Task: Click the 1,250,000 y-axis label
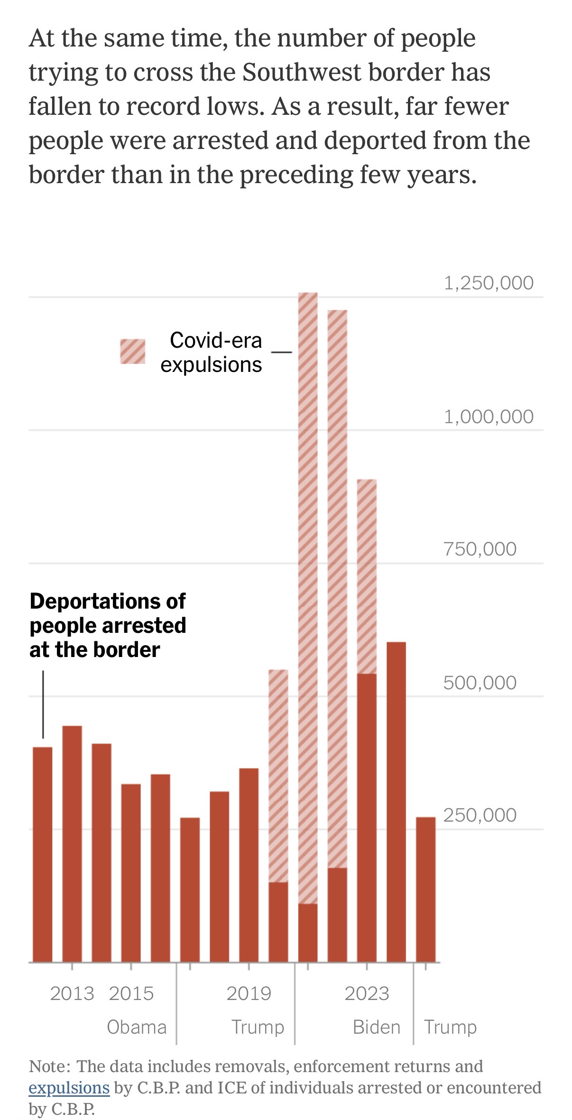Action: pos(489,283)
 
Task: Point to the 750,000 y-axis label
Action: pos(480,549)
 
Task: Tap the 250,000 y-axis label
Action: pos(480,815)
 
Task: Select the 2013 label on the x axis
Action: pos(72,993)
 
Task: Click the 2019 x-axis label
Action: pos(249,993)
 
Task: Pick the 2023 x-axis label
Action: pos(367,993)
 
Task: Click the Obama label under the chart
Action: pos(137,1027)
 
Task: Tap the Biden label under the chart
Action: pos(377,1027)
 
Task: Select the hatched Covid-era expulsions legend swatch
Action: pos(133,352)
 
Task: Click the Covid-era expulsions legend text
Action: pos(212,352)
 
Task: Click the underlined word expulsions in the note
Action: pos(69,1088)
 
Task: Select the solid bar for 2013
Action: pos(72,844)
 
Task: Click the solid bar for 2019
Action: pos(249,866)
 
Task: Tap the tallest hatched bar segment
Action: pos(308,598)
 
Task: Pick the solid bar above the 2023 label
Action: pos(367,818)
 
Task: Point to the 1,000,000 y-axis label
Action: pos(489,417)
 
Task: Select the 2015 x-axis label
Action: pos(131,993)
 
